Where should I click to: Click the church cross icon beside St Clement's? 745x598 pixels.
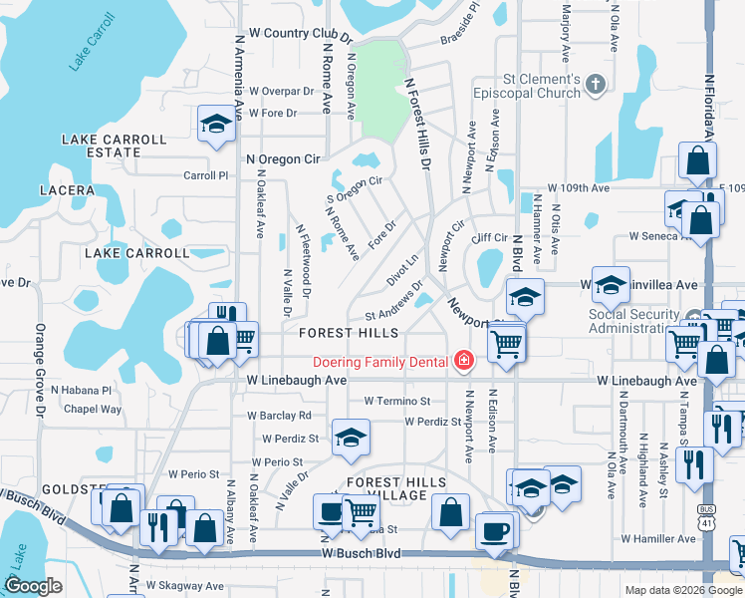click(x=597, y=84)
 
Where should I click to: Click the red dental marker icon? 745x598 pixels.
click(x=462, y=361)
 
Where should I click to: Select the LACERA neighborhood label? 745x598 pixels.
click(x=66, y=189)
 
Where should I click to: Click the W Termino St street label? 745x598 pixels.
click(x=396, y=401)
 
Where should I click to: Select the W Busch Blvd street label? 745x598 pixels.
click(x=363, y=553)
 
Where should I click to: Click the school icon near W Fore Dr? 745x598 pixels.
click(x=214, y=125)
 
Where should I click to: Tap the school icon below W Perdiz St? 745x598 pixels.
click(x=351, y=438)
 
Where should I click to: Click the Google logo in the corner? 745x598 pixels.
click(x=33, y=586)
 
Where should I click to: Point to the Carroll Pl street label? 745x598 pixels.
click(x=206, y=175)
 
